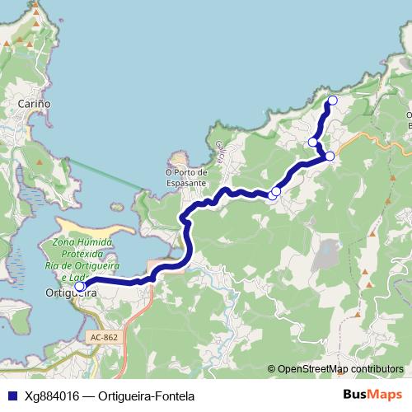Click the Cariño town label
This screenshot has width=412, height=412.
35,105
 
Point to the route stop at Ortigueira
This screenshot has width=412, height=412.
80,287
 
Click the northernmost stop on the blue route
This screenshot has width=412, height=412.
333,101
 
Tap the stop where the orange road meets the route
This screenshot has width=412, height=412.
330,156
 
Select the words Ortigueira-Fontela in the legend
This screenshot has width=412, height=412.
141,395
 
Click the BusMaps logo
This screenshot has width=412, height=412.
372,395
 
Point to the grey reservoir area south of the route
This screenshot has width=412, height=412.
328,251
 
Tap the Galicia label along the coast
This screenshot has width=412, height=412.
221,151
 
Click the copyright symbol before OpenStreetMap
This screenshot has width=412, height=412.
272,369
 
